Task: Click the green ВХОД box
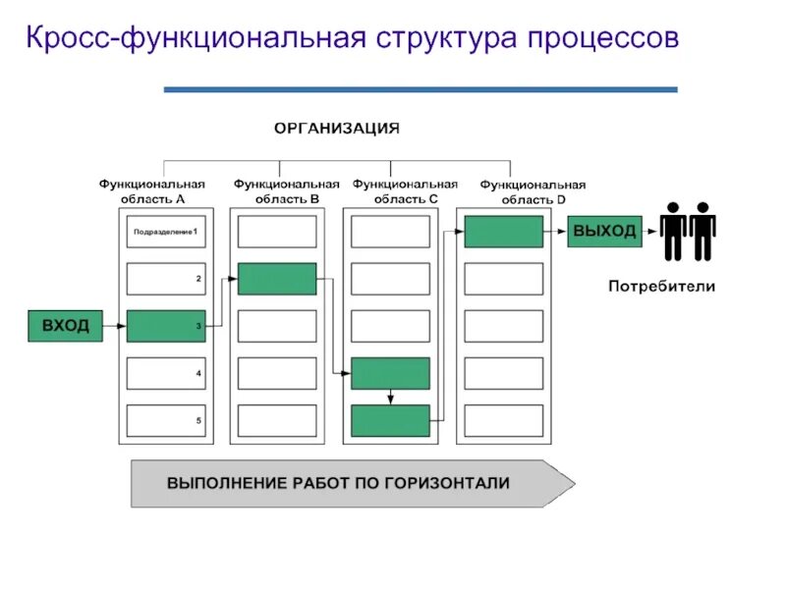click(x=66, y=325)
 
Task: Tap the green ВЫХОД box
click(x=603, y=232)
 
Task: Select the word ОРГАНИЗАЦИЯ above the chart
click(x=336, y=128)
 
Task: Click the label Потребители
click(x=661, y=287)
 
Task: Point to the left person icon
click(x=673, y=232)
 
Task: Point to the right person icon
click(x=702, y=232)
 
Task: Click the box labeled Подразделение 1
click(x=166, y=232)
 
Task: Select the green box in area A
click(x=166, y=325)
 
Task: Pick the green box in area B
click(x=277, y=279)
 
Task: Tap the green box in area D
click(x=503, y=232)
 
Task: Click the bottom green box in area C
click(x=390, y=420)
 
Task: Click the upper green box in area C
click(x=390, y=373)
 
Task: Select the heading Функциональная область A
click(x=151, y=190)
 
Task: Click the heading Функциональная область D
click(x=533, y=191)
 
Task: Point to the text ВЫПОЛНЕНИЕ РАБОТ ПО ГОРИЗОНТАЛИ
click(x=338, y=483)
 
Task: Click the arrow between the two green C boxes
click(x=390, y=397)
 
